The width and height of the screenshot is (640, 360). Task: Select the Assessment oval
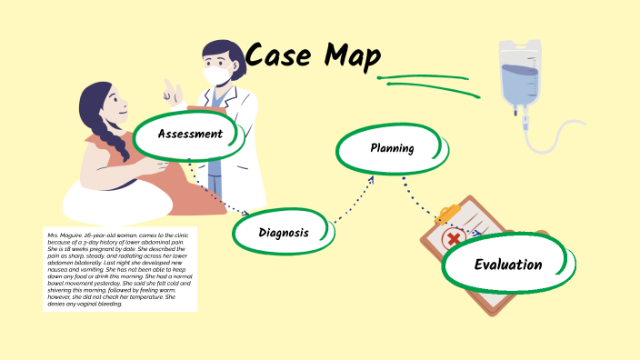tap(189, 135)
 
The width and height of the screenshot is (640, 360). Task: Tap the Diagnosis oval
tap(283, 233)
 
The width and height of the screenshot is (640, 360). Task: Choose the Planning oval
tap(392, 148)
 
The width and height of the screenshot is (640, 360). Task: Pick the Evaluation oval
tap(507, 265)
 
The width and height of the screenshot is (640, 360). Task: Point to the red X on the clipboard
tap(453, 241)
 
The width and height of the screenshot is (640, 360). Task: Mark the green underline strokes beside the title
tap(427, 81)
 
